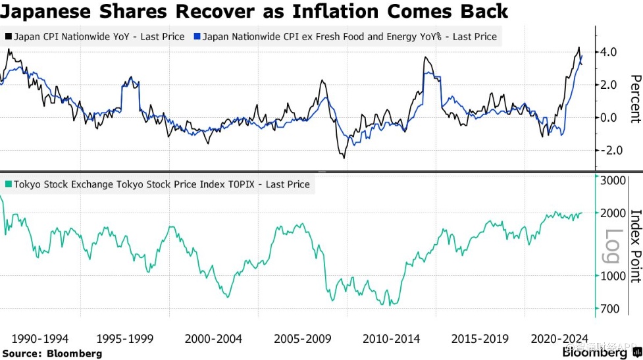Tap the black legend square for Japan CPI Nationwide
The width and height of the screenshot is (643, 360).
click(8, 37)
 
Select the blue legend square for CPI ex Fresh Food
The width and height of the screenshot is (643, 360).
click(197, 37)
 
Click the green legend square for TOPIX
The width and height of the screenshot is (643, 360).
click(8, 185)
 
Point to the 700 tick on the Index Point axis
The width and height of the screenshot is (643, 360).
click(610, 309)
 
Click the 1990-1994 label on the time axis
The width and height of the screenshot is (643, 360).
click(40, 339)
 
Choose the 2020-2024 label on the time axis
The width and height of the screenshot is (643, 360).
click(559, 339)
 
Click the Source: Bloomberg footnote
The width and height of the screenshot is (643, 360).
click(52, 354)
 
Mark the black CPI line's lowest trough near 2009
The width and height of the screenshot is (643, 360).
click(344, 157)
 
